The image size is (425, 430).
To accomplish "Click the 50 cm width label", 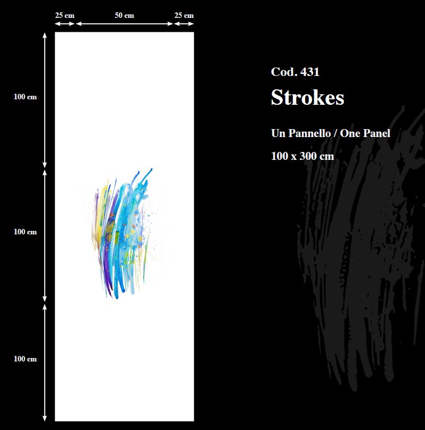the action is pos(124,15).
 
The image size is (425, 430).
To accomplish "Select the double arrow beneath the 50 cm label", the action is pos(124,24).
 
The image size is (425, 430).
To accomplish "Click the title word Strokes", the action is pos(308,97).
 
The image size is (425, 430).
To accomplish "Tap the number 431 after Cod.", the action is pos(310,72).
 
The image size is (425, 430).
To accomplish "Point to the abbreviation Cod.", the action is pos(284,72).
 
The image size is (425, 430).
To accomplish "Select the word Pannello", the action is pos(309,133).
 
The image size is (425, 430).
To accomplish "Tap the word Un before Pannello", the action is pos(278,133).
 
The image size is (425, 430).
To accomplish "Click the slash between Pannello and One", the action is pos(336,134).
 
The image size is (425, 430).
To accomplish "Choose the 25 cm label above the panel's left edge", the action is pos(65,15).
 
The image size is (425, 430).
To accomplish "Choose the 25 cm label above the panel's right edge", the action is pos(184,15).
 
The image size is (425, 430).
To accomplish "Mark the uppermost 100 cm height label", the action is pos(25,97).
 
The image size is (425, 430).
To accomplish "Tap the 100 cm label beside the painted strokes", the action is pos(25,232).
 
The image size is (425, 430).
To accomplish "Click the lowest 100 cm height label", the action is pos(25,358).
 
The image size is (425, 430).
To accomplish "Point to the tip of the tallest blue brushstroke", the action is pos(152,169).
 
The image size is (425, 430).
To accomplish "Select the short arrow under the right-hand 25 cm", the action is pos(184,24).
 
